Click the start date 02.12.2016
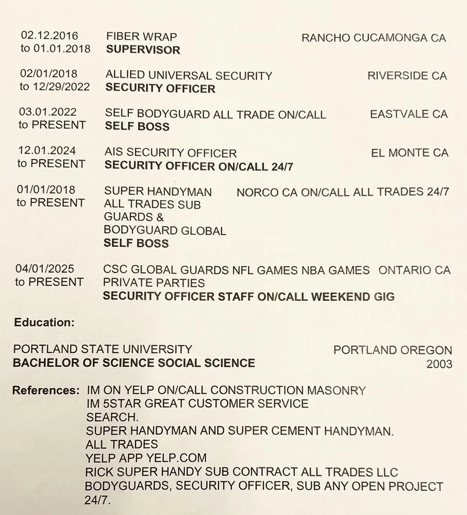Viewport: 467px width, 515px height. click(49, 36)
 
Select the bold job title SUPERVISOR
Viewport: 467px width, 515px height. click(143, 50)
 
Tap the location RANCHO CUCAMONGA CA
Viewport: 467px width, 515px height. click(373, 38)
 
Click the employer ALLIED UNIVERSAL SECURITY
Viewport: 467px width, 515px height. click(189, 76)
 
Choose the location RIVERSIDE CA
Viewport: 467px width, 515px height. click(407, 76)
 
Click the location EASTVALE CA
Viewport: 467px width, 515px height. click(409, 114)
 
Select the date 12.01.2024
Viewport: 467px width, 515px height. click(47, 151)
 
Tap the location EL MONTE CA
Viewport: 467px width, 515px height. click(409, 152)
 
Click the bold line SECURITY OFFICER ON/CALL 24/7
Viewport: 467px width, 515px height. click(199, 166)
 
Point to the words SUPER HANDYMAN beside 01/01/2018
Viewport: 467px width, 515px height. click(158, 192)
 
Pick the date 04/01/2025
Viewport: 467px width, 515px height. click(45, 269)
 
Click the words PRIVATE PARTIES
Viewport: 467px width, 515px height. click(154, 283)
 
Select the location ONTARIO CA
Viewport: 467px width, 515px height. click(414, 270)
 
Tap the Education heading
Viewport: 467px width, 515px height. click(44, 322)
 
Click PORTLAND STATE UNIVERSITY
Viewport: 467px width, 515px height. click(103, 349)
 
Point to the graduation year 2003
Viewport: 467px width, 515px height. click(439, 364)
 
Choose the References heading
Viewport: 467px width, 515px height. click(46, 390)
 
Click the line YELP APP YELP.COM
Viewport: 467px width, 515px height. click(146, 457)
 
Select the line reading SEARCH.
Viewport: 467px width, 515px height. click(112, 417)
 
